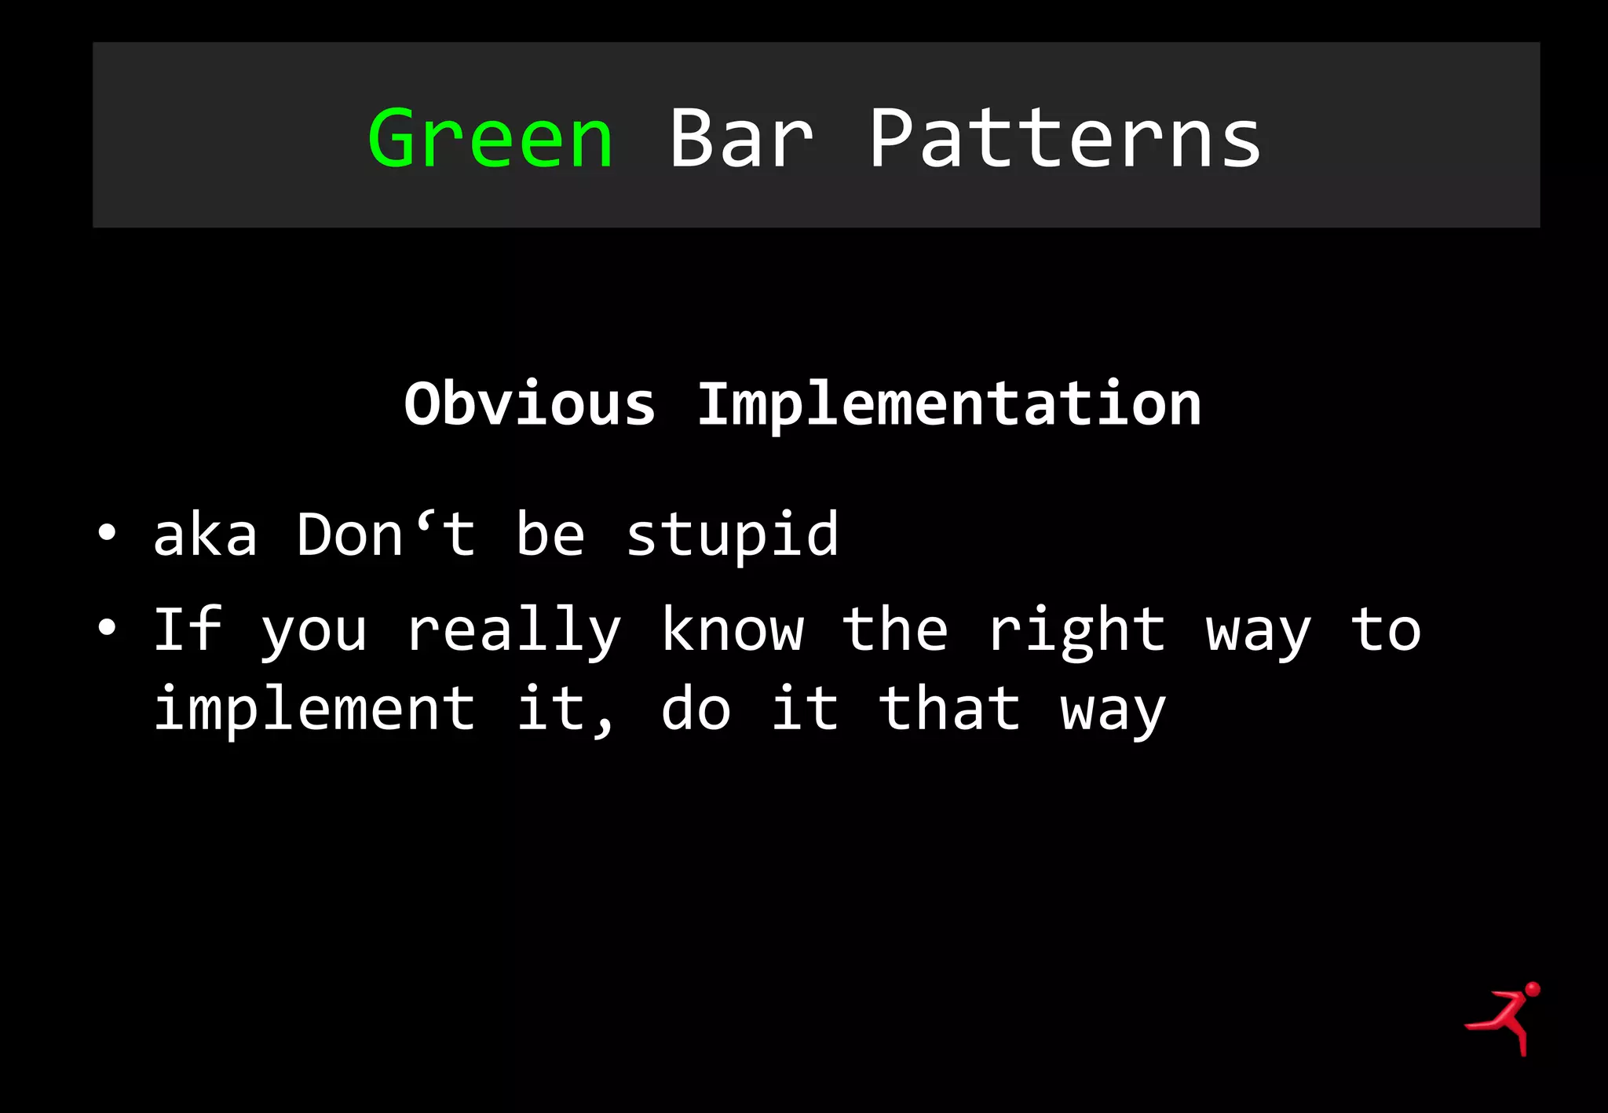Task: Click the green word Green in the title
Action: (490, 139)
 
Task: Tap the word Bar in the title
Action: (740, 139)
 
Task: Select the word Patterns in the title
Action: (1065, 139)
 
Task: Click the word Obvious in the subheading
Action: (529, 404)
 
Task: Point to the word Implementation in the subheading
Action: (949, 404)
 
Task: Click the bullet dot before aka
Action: (107, 535)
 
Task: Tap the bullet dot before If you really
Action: (107, 628)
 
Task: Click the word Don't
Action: (386, 534)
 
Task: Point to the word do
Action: (696, 708)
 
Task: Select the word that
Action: (949, 708)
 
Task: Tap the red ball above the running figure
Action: (1532, 989)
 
